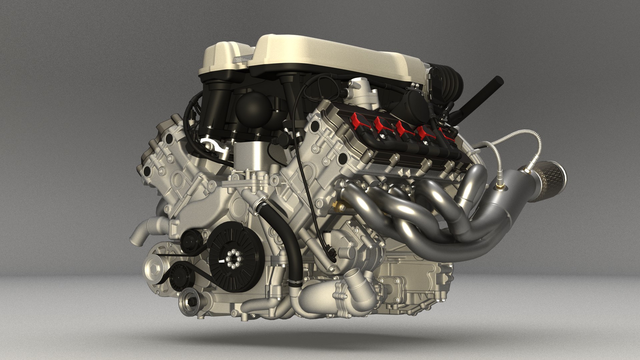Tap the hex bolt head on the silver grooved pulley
(153, 267)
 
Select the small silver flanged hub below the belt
(191, 302)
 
